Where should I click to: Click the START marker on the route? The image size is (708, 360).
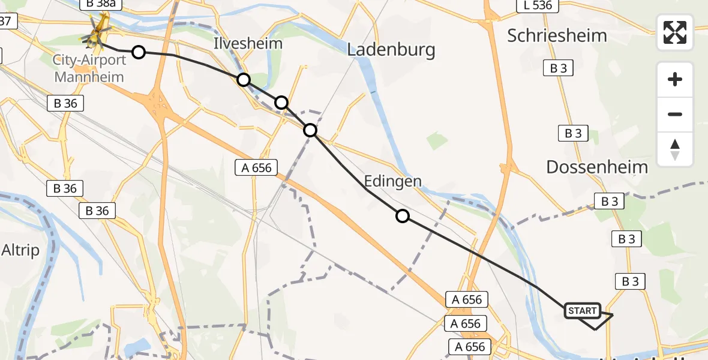[x=582, y=310]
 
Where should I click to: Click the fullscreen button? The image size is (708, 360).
[x=675, y=32]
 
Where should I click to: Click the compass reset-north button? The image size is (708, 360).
[x=675, y=149]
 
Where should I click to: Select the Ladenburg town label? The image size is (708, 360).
[x=391, y=50]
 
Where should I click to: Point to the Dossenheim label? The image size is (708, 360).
[x=597, y=167]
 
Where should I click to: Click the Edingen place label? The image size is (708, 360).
[x=392, y=181]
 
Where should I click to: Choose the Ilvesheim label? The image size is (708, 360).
[x=248, y=44]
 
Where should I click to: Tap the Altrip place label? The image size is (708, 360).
[x=20, y=250]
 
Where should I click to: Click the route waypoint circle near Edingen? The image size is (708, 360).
[x=403, y=216]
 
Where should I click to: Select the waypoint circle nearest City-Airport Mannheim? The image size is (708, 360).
[x=139, y=52]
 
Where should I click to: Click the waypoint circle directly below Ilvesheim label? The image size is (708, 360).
[x=244, y=79]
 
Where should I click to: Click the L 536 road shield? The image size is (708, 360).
[x=538, y=5]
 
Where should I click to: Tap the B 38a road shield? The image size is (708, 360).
[x=100, y=4]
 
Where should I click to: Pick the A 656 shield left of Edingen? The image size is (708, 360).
[x=257, y=168]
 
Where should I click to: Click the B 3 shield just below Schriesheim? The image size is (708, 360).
[x=558, y=68]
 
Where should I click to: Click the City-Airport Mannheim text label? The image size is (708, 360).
[x=89, y=68]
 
